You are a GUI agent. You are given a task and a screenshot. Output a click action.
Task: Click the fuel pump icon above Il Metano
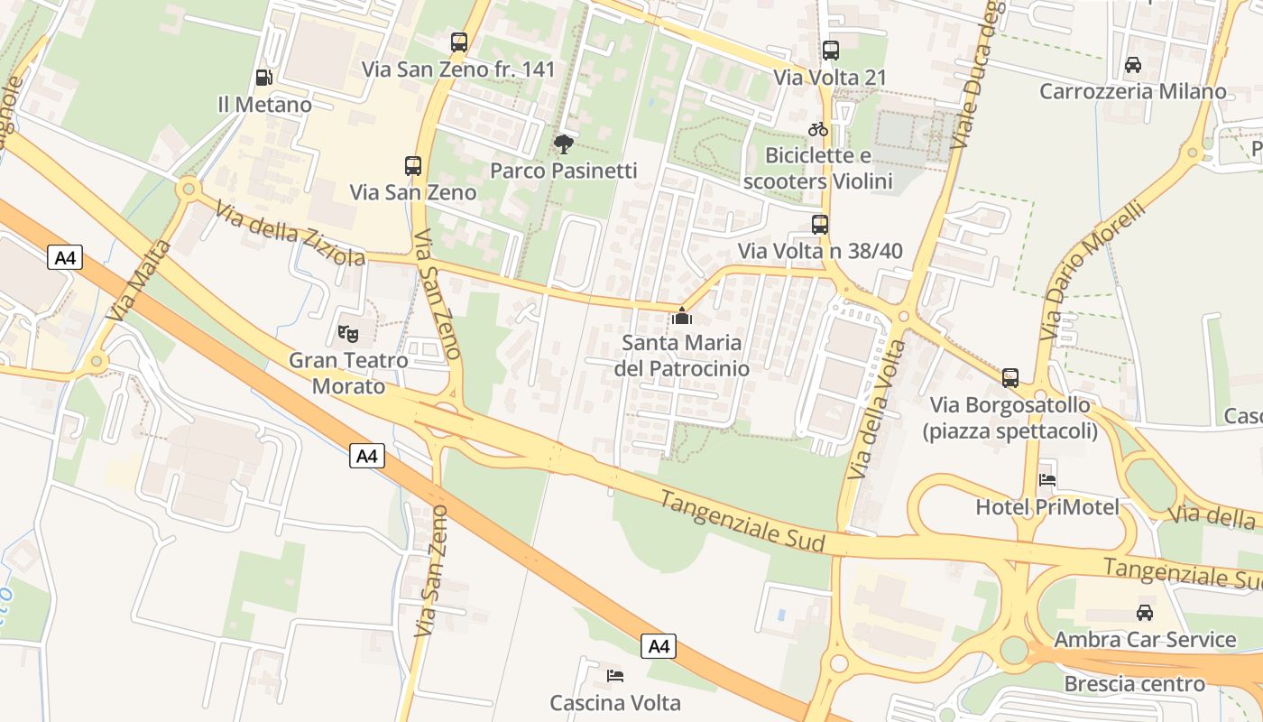(263, 78)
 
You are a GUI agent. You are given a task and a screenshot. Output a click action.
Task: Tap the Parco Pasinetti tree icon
(564, 143)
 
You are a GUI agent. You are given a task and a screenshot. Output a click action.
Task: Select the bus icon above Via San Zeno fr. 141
(459, 42)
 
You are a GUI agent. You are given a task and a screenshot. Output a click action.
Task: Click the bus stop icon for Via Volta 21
(830, 51)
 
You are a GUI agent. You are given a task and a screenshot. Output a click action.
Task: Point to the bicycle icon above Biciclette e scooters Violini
(818, 129)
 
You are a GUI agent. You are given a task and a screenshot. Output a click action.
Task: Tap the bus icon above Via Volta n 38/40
(819, 225)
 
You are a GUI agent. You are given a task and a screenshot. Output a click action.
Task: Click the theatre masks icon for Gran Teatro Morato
(348, 334)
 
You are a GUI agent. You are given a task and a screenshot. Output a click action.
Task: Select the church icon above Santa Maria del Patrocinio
(682, 316)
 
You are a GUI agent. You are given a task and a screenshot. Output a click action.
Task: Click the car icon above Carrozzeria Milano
(1133, 65)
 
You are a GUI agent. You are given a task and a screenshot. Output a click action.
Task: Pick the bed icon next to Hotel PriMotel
(1047, 480)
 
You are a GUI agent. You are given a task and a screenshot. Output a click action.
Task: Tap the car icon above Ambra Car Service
(1145, 613)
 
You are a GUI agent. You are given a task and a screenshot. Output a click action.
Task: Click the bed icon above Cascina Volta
(615, 675)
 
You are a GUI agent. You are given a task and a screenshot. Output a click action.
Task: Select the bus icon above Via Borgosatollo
(1010, 378)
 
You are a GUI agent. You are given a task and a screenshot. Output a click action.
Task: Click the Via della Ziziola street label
(290, 232)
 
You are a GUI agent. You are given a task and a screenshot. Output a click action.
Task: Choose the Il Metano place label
(265, 105)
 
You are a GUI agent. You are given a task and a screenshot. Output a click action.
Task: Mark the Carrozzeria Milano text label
(1133, 91)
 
